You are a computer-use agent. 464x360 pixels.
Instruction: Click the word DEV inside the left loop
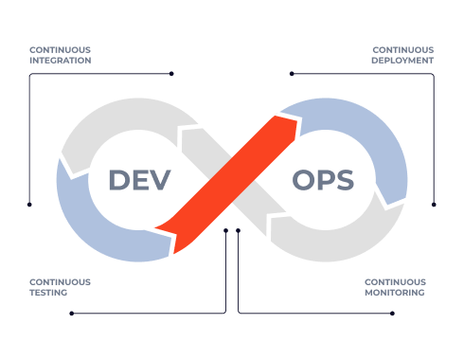point(139,180)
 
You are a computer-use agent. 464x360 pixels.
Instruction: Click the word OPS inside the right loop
point(323,180)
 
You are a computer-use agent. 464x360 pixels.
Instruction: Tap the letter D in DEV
point(118,180)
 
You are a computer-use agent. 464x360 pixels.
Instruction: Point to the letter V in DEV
point(160,180)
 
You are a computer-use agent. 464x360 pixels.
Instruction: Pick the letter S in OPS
point(344,180)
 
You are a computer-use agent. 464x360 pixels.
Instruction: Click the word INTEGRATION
point(60,60)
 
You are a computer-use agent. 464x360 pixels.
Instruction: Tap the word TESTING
point(48,292)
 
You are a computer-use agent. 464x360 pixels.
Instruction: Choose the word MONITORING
point(395,292)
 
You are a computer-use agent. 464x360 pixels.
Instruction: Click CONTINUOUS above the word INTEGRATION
point(60,49)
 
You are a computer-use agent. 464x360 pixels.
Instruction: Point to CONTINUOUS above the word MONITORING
point(395,281)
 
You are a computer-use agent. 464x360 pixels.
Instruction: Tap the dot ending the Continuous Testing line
point(71,313)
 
